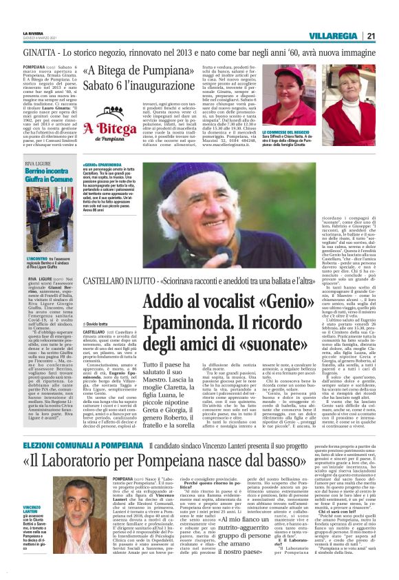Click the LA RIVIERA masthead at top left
point(33,32)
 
